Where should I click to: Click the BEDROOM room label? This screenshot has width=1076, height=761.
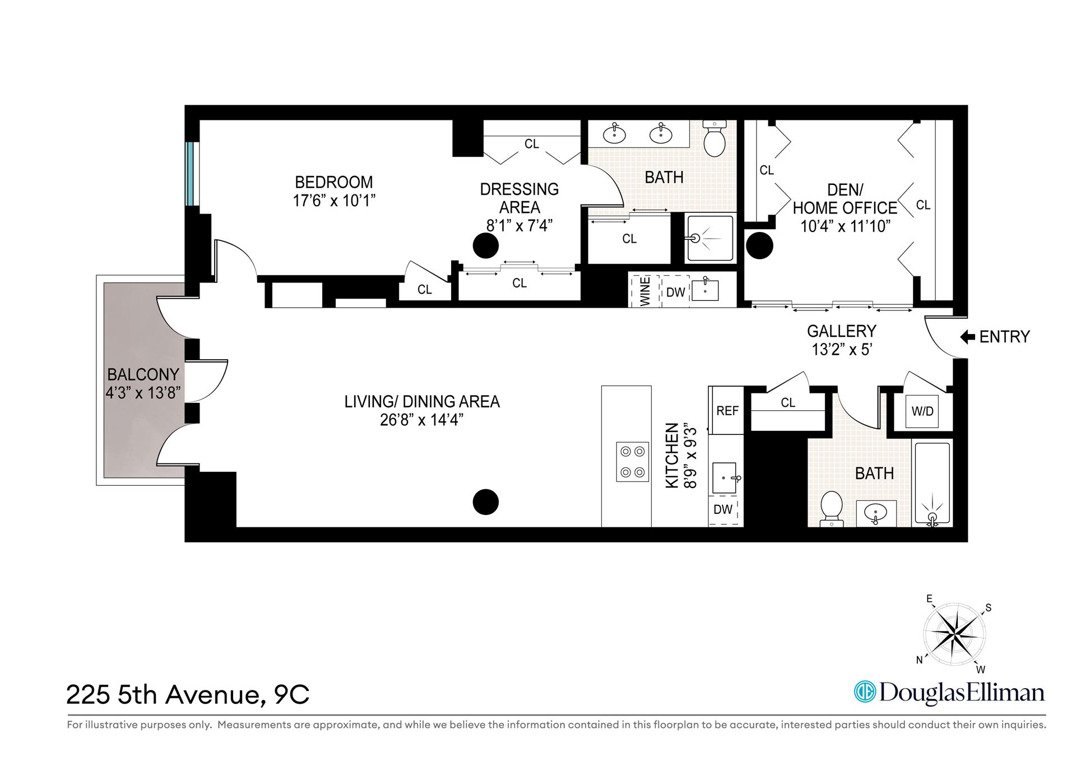click(333, 183)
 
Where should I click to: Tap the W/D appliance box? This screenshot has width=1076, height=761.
click(922, 411)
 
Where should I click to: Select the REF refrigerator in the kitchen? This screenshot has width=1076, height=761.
click(727, 411)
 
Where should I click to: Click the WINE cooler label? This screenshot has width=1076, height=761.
click(645, 291)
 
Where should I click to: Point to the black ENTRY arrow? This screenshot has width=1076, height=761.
click(968, 337)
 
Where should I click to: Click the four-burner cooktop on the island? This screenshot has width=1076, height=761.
click(633, 461)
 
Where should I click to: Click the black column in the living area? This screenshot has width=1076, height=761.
click(485, 502)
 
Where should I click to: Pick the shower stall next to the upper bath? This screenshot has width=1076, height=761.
click(710, 238)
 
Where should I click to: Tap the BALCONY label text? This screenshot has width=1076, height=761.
click(143, 374)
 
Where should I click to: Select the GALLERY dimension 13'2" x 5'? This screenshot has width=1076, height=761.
click(841, 350)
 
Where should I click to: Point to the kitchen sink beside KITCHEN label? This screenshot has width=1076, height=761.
click(726, 478)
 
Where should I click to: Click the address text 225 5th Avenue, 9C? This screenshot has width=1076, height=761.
click(188, 695)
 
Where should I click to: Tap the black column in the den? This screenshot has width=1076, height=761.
click(760, 245)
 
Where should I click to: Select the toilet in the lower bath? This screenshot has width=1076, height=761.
click(831, 507)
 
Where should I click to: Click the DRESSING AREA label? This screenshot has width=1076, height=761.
click(519, 198)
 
